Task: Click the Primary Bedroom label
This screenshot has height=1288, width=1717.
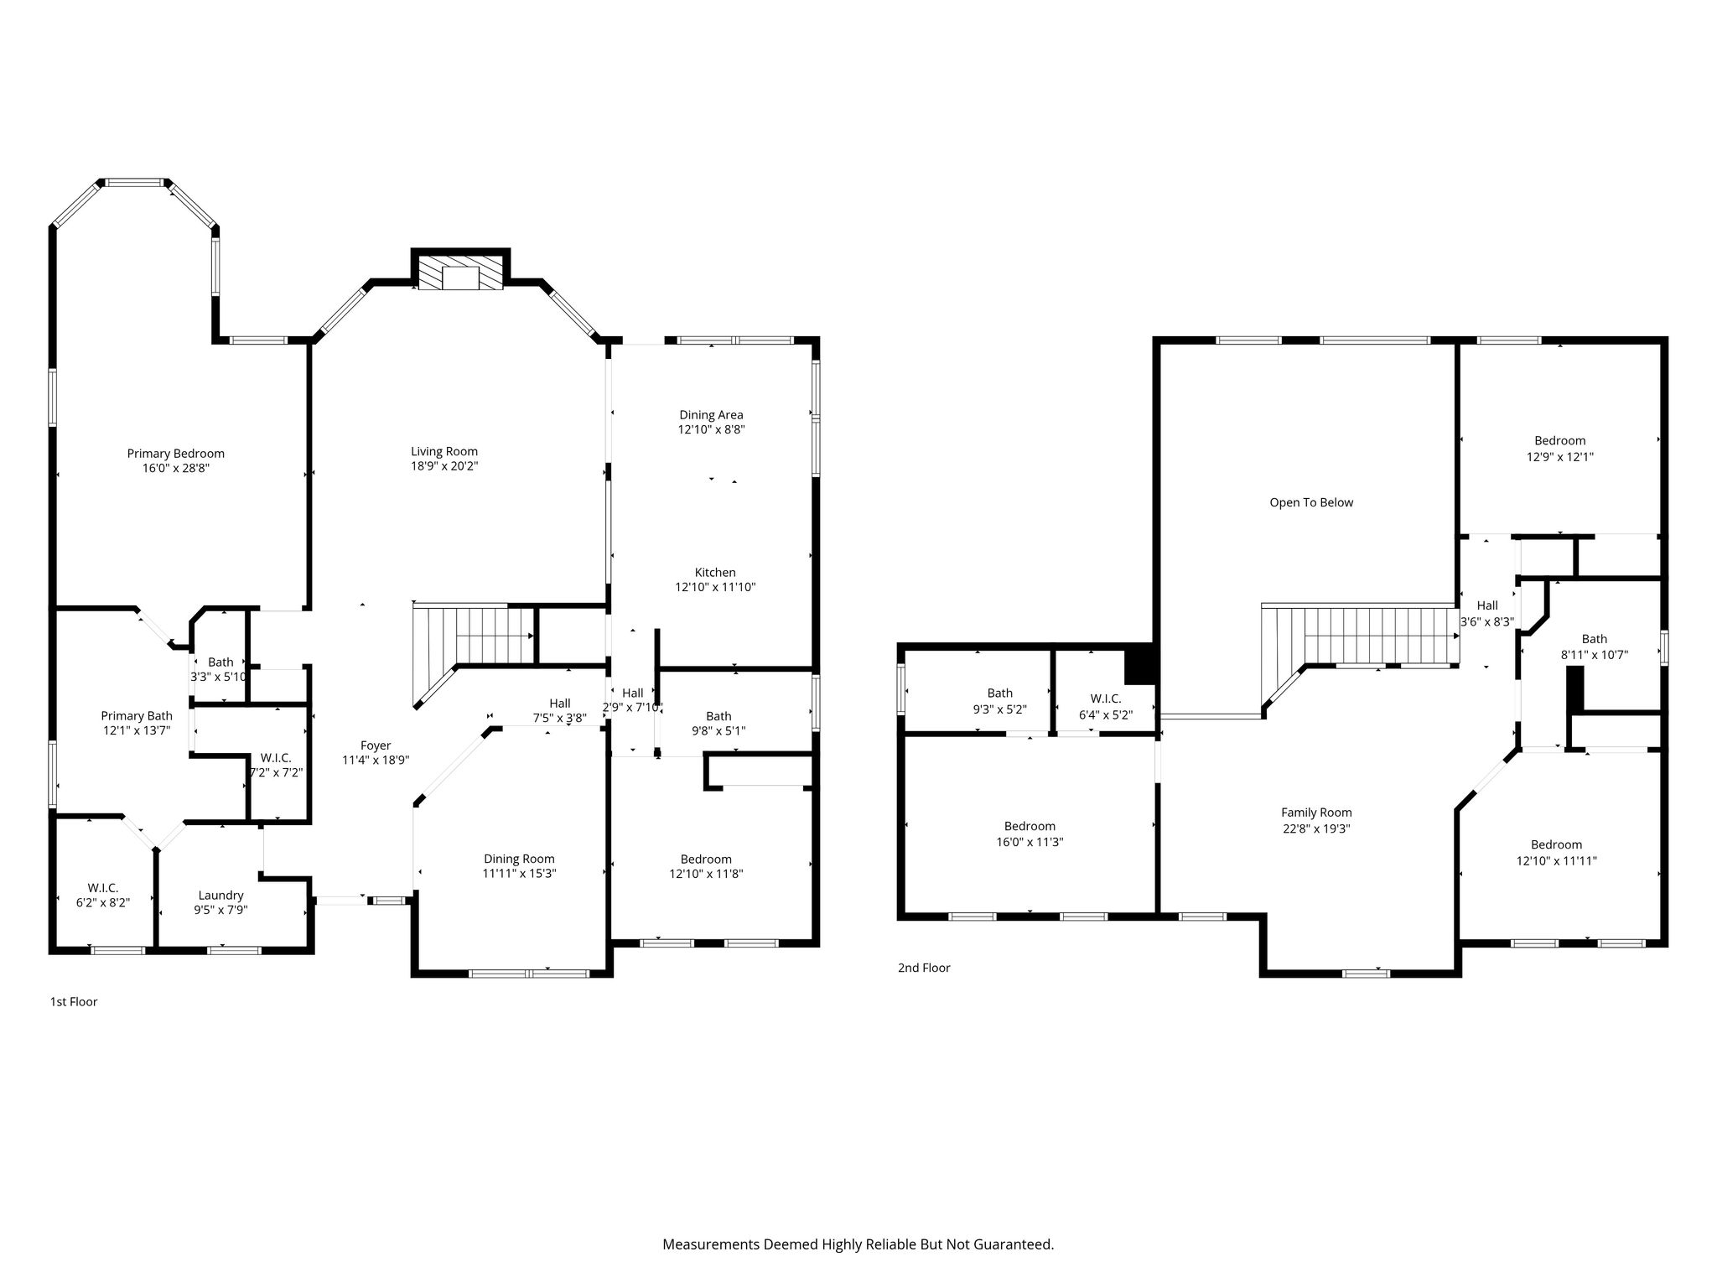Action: coord(175,454)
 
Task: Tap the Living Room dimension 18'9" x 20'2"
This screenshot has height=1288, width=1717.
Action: coord(444,466)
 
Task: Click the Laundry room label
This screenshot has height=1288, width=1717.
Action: coord(220,896)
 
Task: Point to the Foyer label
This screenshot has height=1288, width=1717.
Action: coord(376,745)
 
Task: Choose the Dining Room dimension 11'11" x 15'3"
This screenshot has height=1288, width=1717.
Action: coord(519,873)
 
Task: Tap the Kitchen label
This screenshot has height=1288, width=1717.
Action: coord(715,573)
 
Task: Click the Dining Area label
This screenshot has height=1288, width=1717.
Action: coord(711,414)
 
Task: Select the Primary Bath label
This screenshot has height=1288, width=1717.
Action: coord(137,716)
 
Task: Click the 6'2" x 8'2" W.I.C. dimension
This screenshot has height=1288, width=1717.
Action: coord(103,902)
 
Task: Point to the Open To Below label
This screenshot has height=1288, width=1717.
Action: coord(1311,502)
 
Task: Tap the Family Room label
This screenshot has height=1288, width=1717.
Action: coord(1316,813)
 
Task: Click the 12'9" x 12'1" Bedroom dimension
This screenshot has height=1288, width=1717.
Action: coord(1560,457)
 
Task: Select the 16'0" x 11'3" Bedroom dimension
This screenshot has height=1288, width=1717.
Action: coord(1030,842)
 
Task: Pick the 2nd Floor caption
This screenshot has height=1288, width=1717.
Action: coord(924,968)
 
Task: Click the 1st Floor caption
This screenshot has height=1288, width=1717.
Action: coord(74,1001)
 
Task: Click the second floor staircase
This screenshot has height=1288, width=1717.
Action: coord(1358,650)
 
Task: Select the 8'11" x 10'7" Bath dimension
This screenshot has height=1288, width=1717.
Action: coord(1595,655)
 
